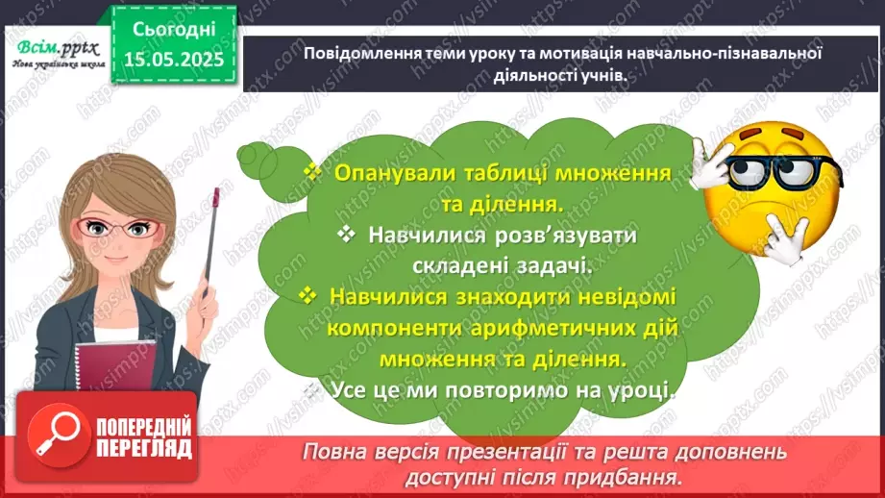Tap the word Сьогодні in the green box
tap(174, 30)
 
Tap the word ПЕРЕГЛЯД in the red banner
tap(144, 447)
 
